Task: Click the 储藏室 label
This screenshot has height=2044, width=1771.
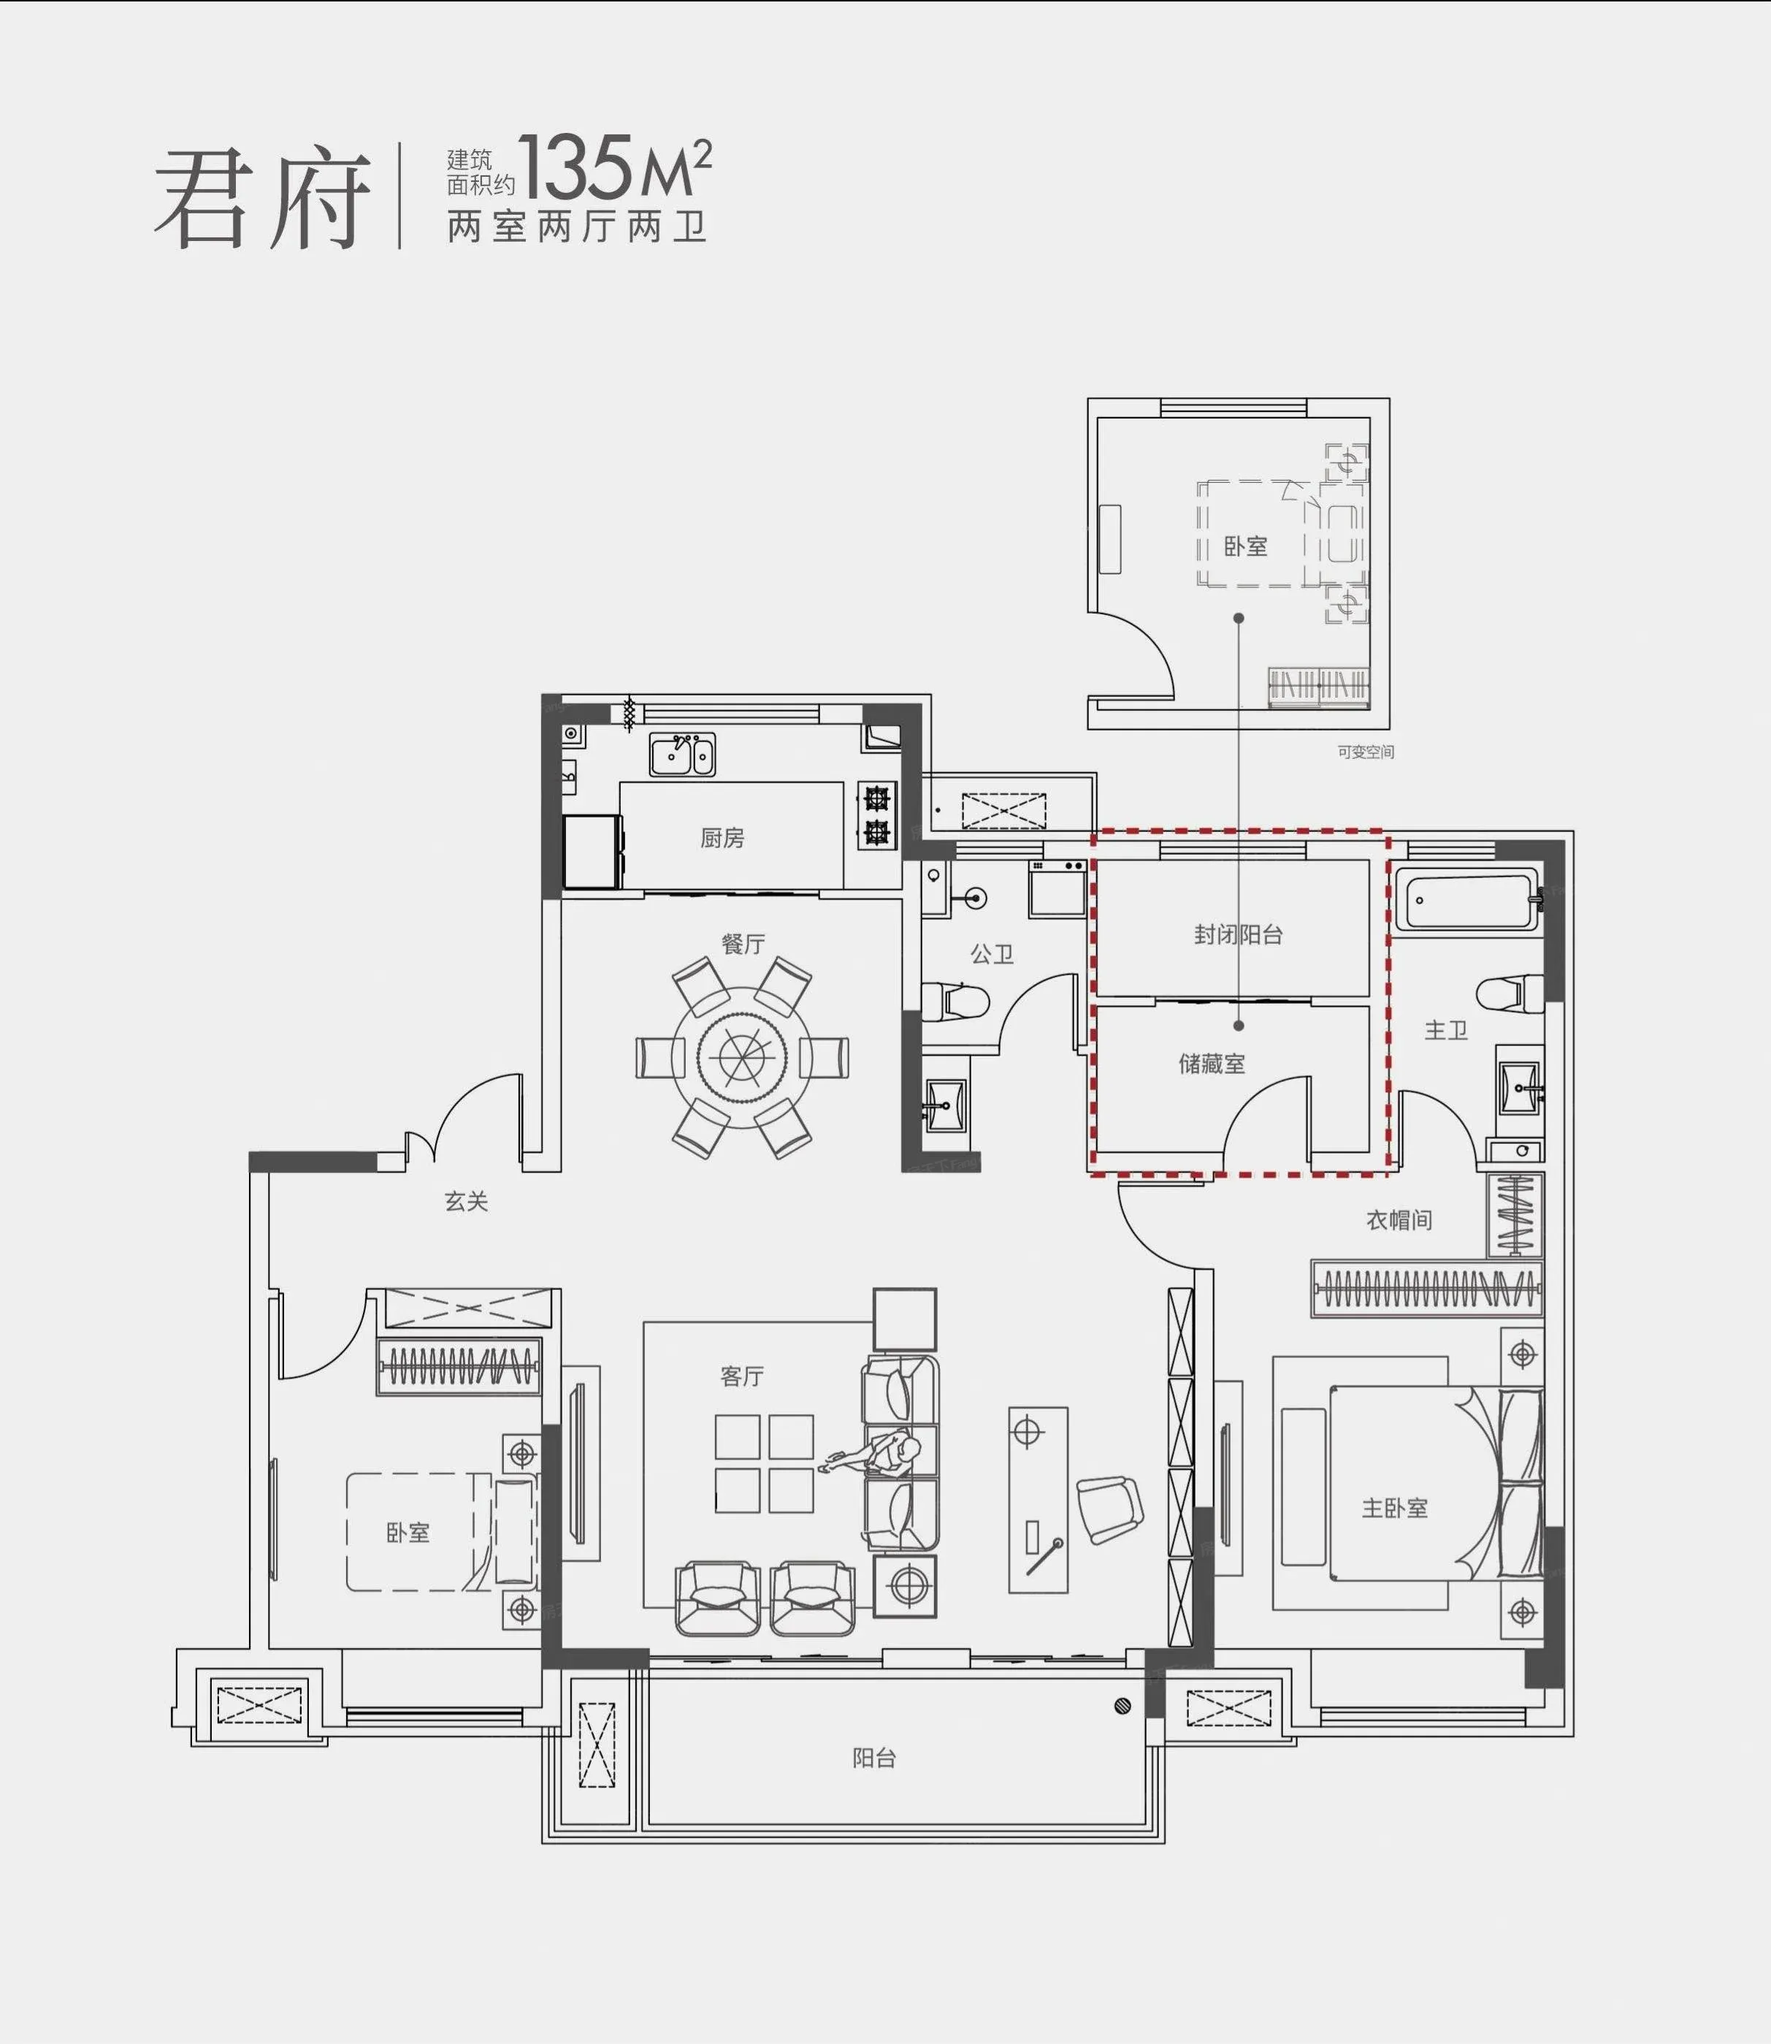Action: [1212, 1064]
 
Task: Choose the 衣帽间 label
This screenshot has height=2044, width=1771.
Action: [1399, 1221]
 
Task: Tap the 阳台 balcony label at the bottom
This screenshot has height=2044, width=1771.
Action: [875, 1758]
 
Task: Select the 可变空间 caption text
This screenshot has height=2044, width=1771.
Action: [1365, 752]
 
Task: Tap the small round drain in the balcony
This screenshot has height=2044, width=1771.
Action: [1122, 1705]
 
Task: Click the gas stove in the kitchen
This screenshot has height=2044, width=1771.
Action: [876, 815]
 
